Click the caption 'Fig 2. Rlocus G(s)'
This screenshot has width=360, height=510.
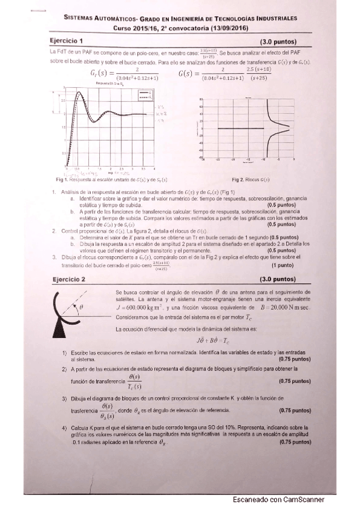point(254,180)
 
